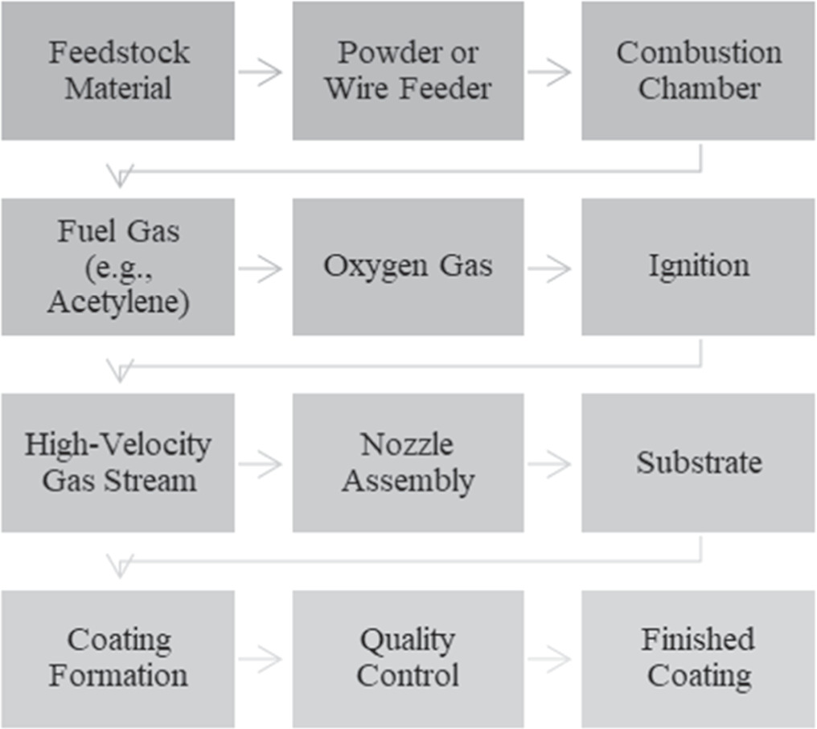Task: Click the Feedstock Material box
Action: (117, 71)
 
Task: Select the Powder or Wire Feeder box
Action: (408, 71)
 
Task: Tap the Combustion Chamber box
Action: (698, 71)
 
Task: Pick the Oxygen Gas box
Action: (408, 266)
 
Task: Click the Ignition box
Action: (698, 266)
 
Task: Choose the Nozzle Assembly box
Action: (408, 463)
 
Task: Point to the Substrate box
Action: (698, 463)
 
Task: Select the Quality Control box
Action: (408, 658)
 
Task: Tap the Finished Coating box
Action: (698, 658)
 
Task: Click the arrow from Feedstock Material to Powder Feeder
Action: (261, 72)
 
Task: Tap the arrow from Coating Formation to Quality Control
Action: (261, 660)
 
